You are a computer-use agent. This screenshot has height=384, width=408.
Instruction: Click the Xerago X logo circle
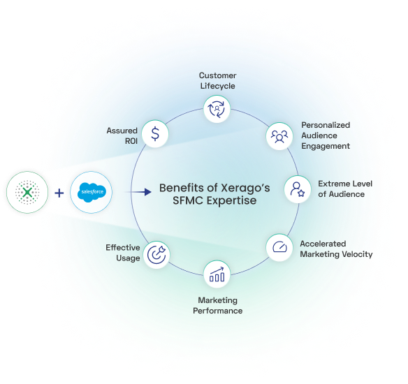(x=26, y=191)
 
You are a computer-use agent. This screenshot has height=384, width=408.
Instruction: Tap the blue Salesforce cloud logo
(x=92, y=191)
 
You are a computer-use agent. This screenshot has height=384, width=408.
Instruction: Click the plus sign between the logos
(x=59, y=191)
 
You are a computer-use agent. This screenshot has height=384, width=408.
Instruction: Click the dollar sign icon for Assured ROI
(x=154, y=133)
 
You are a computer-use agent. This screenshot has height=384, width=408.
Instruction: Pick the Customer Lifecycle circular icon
(x=217, y=108)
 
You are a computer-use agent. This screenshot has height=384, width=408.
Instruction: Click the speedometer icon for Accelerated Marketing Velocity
(x=279, y=248)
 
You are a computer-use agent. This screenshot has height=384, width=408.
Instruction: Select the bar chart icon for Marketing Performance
(x=217, y=274)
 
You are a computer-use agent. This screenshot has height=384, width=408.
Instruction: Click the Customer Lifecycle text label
(x=217, y=80)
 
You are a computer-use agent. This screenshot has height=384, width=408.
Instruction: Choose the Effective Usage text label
(x=122, y=253)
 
